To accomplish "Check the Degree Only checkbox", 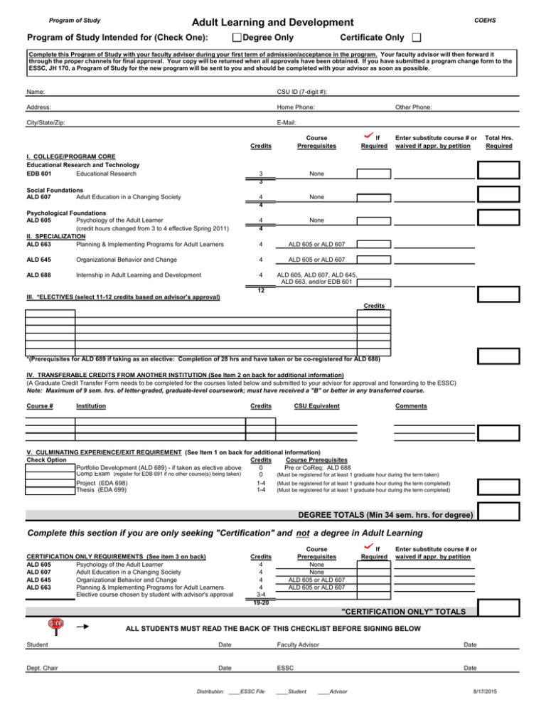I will [x=237, y=37].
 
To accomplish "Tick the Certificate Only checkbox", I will [x=417, y=37].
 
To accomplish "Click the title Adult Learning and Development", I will [x=262, y=23].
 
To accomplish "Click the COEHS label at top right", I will [x=486, y=20].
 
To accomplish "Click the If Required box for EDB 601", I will [x=373, y=174].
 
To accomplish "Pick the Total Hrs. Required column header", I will [x=499, y=141].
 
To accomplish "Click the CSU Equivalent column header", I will [x=316, y=406].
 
